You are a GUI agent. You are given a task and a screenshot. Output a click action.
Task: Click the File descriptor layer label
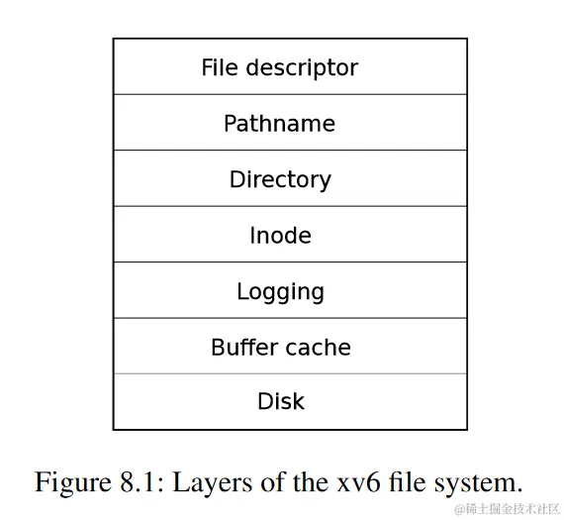[279, 67]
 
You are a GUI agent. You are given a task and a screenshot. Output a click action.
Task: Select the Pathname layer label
[279, 124]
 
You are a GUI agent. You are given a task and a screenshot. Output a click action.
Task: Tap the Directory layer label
[280, 179]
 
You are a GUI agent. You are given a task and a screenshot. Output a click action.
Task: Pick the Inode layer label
[280, 236]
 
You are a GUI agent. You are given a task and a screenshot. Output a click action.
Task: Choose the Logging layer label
[280, 292]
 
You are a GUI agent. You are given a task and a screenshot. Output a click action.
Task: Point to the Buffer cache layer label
[280, 348]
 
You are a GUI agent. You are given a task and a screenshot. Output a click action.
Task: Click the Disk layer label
[281, 401]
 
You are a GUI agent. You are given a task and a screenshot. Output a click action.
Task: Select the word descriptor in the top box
[299, 67]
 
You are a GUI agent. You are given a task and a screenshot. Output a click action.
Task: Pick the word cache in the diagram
[317, 348]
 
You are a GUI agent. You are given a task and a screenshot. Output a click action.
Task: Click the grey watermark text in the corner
[507, 509]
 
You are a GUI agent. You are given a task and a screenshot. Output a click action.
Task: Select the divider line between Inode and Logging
[290, 262]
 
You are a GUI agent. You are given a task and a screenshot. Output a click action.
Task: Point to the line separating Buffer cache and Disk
[290, 373]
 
